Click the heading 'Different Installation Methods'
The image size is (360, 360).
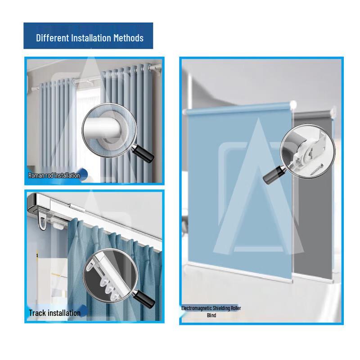pyautogui.click(x=90, y=38)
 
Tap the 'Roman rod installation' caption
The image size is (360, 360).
pyautogui.click(x=54, y=175)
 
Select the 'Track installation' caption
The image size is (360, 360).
pyautogui.click(x=54, y=313)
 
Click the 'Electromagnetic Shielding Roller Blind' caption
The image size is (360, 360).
pyautogui.click(x=211, y=311)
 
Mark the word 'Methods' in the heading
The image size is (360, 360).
pyautogui.click(x=128, y=38)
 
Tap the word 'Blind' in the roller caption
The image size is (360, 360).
pyautogui.click(x=211, y=315)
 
